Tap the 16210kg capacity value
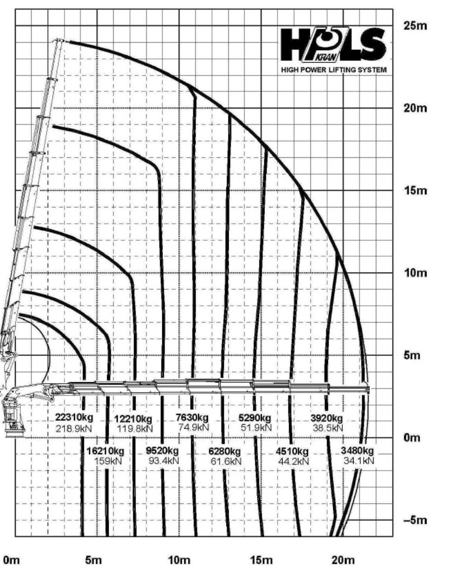coord(105,451)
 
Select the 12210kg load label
coord(133,419)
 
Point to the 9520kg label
coord(162,451)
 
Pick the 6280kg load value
coord(225,452)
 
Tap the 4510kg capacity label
coord(292,452)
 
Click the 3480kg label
coord(357,451)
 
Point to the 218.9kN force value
coord(74,428)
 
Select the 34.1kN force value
coord(358,461)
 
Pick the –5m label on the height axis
coord(415,520)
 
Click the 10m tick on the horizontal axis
coord(179,561)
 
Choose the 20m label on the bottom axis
coord(343,561)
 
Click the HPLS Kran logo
coord(333,45)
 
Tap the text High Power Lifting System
coord(334,70)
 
